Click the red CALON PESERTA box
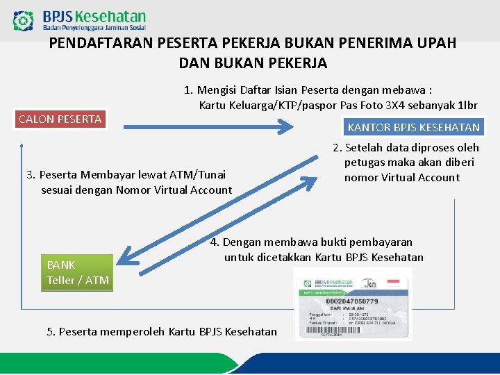60,119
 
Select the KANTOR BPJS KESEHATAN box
413,127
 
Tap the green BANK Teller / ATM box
76,272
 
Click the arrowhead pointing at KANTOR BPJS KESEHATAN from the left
286,126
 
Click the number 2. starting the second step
337,148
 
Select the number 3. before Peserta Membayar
30,174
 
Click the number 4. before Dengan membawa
215,242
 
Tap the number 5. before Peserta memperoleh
51,332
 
